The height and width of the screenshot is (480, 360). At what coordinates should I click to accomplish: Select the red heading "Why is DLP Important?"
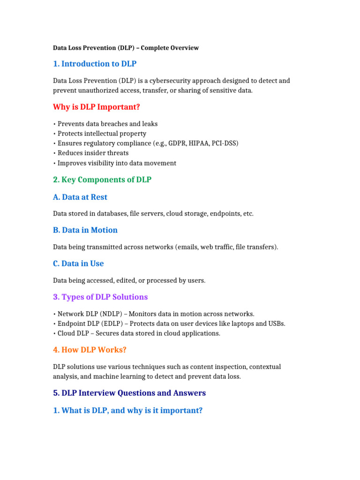97,107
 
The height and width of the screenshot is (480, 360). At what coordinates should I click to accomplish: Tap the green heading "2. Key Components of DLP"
102,180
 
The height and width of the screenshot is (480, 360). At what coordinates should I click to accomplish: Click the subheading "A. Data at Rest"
80,197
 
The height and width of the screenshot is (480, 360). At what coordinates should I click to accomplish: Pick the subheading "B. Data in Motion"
85,230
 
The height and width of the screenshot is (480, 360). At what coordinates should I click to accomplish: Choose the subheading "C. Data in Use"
78,263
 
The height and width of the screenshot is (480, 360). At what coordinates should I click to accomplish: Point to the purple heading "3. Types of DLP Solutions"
100,297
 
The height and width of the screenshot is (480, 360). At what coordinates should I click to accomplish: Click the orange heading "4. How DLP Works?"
90,350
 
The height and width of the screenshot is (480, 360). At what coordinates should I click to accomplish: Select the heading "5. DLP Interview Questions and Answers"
129,393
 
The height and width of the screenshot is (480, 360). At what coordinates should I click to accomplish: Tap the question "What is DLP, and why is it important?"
127,411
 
